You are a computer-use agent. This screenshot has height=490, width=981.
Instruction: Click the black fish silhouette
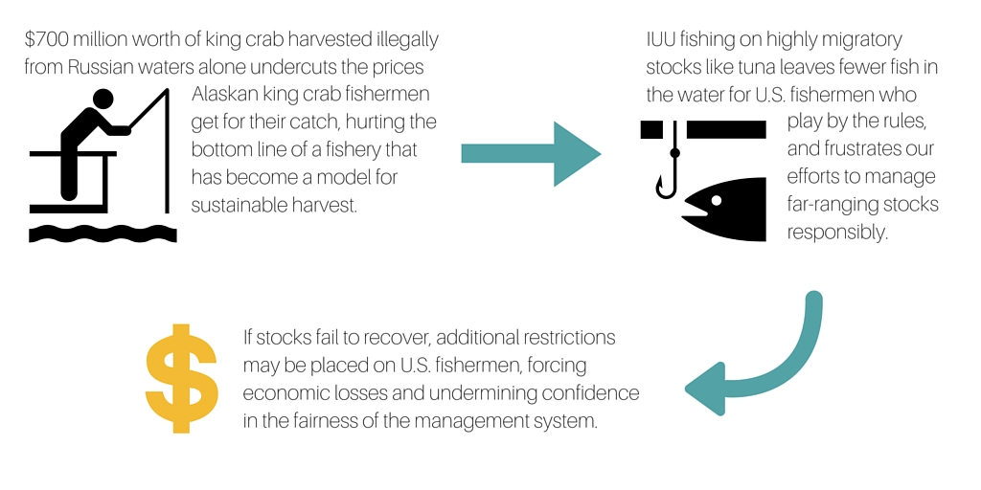pyautogui.click(x=725, y=209)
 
